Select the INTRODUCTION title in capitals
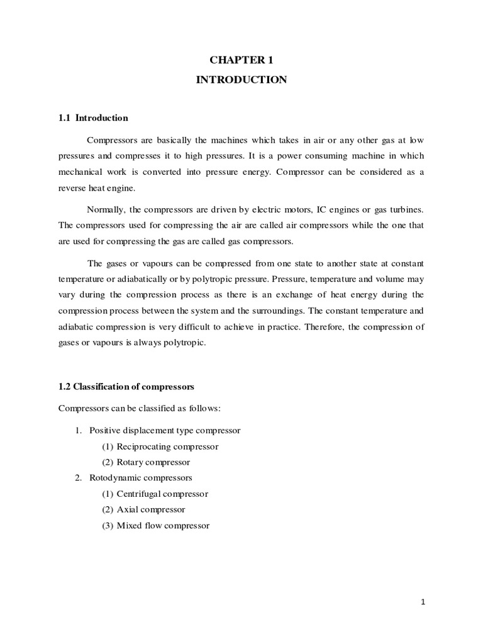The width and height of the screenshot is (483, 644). coord(241,80)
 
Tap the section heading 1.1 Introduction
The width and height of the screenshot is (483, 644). coord(93,118)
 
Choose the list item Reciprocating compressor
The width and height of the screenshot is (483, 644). coord(160,446)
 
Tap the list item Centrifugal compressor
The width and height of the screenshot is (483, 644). coord(155,494)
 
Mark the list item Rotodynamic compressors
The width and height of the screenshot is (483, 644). coord(141,478)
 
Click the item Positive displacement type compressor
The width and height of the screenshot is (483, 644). coord(165,430)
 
